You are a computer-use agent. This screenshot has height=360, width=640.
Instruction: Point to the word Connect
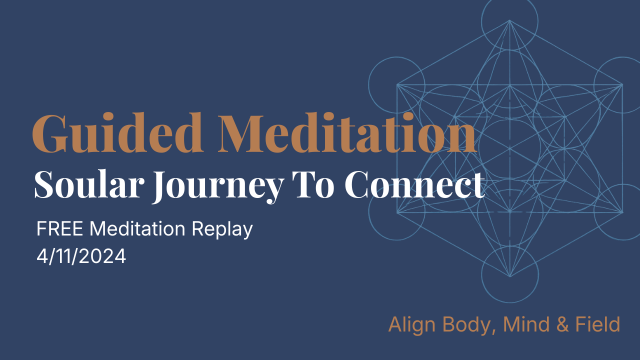coord(414,184)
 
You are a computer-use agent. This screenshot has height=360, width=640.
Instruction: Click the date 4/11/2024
coord(81,256)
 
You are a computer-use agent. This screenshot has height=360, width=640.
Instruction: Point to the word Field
coord(597,324)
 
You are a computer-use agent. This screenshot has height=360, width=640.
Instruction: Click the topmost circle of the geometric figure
coord(509,20)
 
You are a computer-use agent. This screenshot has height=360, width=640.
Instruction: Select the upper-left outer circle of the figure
coord(396,84)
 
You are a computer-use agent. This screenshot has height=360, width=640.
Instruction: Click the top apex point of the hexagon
coord(509,20)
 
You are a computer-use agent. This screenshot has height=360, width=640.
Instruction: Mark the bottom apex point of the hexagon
coord(509,276)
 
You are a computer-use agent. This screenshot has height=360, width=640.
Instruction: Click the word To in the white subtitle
coord(317,184)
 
